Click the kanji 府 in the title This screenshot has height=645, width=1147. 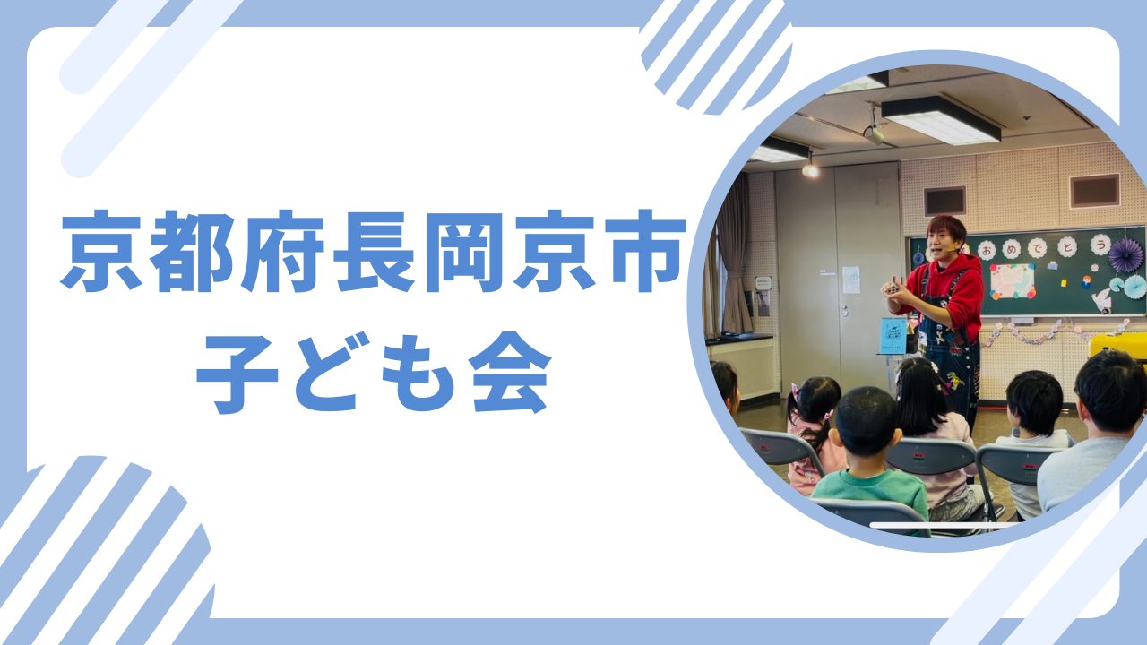point(282,251)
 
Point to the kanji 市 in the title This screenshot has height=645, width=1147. point(644,251)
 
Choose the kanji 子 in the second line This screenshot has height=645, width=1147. point(237,374)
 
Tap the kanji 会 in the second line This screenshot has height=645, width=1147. point(512,373)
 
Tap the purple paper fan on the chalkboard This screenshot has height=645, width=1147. point(1125,255)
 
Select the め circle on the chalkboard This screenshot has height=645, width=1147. point(1011,249)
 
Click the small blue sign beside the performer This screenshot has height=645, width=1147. point(893,335)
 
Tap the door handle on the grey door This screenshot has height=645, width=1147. point(845,311)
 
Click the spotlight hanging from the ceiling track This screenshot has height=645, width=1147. point(811,168)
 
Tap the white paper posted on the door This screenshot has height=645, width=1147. point(851,279)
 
